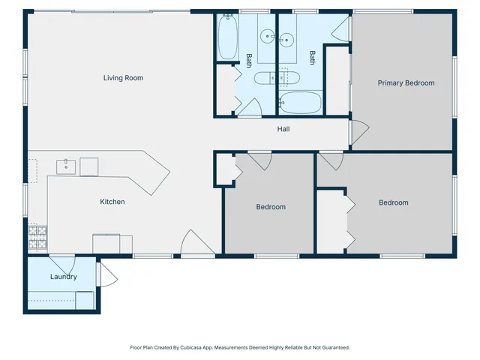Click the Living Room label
(x=123, y=78)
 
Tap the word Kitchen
(x=112, y=202)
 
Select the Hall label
(x=283, y=129)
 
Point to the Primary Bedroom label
(x=406, y=83)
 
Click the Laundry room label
(x=64, y=277)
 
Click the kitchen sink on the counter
(x=66, y=165)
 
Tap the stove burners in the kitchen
(x=37, y=238)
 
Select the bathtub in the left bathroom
(x=227, y=37)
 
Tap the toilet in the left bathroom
(x=265, y=78)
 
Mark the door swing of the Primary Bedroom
(x=358, y=133)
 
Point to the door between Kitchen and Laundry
(x=62, y=264)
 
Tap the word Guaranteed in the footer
(x=333, y=348)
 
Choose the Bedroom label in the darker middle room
(x=271, y=207)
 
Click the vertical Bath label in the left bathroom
(x=249, y=59)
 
